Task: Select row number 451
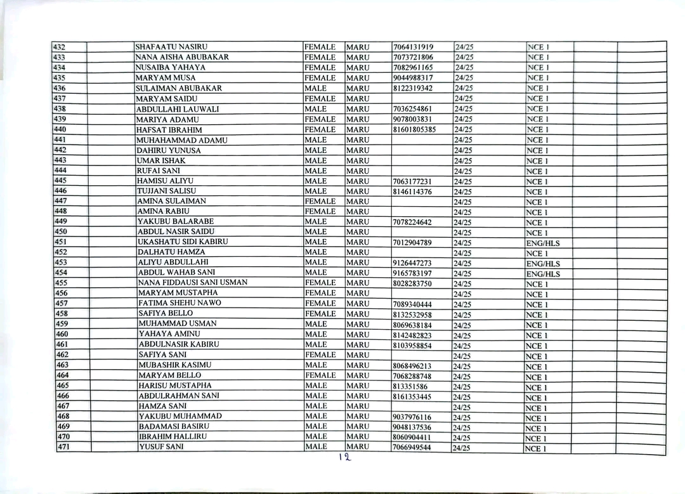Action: [62, 242]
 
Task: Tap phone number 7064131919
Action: [413, 47]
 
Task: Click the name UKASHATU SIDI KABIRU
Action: [183, 242]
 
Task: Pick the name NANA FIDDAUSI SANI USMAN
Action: [193, 283]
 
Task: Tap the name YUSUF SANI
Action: [161, 447]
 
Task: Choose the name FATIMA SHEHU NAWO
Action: [179, 303]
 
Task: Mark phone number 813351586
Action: [410, 386]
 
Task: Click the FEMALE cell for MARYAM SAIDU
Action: [320, 98]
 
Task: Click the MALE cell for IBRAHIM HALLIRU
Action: [316, 436]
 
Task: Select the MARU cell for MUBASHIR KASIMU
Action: [358, 365]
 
